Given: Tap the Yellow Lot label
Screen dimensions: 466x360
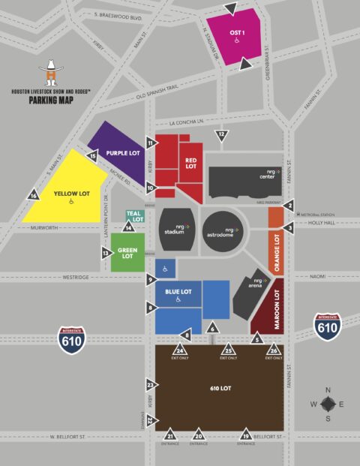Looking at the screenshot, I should coord(71,194).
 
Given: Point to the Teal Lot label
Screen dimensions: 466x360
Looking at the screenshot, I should coord(133,217).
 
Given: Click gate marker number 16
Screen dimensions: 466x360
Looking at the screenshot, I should coord(33,196).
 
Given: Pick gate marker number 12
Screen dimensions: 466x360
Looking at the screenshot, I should coord(220,135).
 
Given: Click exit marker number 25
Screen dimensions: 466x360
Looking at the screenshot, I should coord(229,350).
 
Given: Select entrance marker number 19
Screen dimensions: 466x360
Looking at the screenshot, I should coord(245,434).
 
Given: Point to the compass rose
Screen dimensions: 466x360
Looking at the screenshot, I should coord(328,403).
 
